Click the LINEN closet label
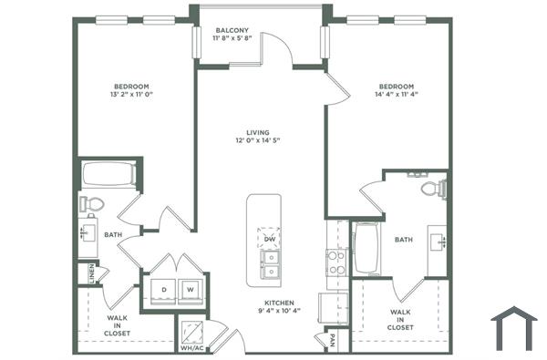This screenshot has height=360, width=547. (92, 273)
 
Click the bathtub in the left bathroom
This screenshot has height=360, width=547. (109, 173)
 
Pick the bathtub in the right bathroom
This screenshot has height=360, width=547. (368, 248)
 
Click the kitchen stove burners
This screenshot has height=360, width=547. (336, 262)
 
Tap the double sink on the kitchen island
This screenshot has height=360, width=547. (270, 263)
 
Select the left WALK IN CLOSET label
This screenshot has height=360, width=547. (117, 325)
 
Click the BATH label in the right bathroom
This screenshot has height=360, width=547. (403, 240)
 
